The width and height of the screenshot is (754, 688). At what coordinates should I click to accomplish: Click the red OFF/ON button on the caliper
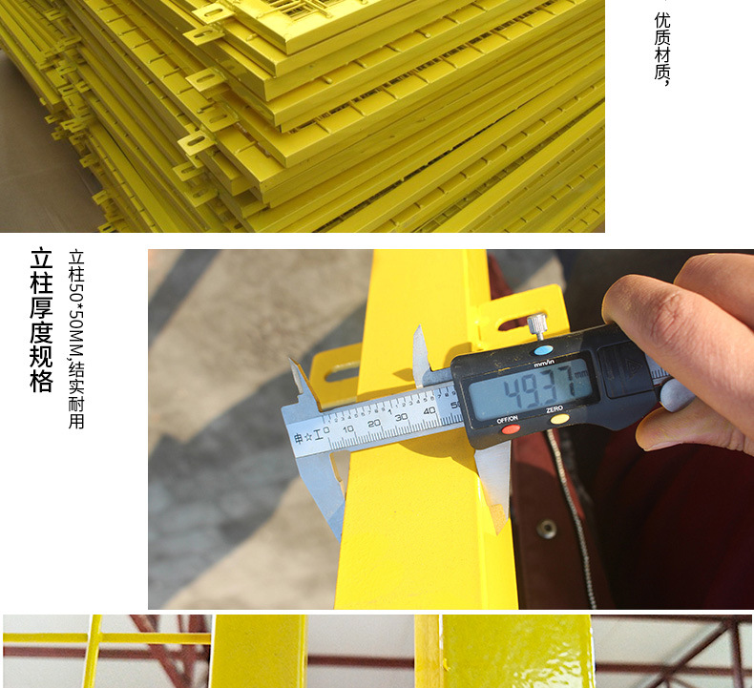(x=512, y=428)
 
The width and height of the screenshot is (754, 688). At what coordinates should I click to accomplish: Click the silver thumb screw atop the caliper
(x=538, y=325)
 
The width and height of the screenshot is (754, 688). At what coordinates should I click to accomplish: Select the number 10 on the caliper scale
(x=349, y=429)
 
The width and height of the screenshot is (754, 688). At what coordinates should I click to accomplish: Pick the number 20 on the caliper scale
(x=375, y=423)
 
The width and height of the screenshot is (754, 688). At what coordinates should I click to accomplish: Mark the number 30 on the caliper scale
(x=402, y=416)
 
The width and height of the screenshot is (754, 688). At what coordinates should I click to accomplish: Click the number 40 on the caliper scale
(x=429, y=409)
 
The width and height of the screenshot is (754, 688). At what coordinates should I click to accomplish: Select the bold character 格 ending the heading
(x=40, y=382)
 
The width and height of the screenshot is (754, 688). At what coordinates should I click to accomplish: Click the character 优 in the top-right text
(x=662, y=20)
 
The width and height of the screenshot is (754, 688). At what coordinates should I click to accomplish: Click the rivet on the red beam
(x=547, y=528)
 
